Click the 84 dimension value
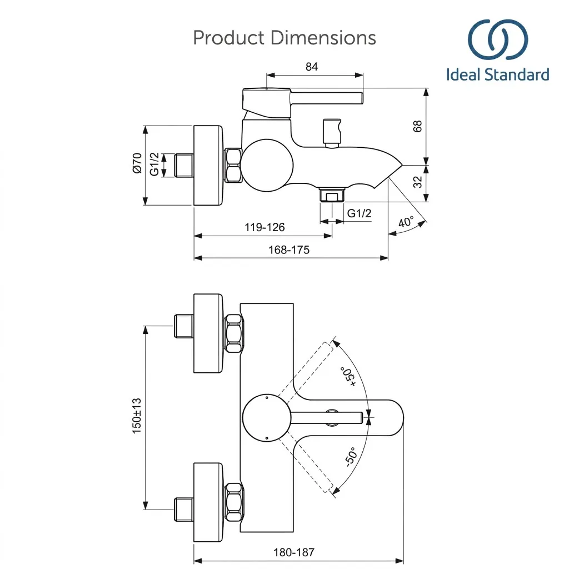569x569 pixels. pyautogui.click(x=311, y=67)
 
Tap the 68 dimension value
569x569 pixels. pyautogui.click(x=418, y=126)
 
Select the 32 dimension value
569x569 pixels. pyautogui.click(x=418, y=182)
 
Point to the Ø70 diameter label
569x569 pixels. pyautogui.click(x=137, y=163)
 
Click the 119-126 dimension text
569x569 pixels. pyautogui.click(x=264, y=227)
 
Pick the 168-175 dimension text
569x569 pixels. pyautogui.click(x=289, y=249)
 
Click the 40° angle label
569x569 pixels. pyautogui.click(x=406, y=222)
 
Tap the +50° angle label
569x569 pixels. pyautogui.click(x=348, y=376)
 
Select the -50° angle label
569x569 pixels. pyautogui.click(x=351, y=457)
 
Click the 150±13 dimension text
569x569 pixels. pyautogui.click(x=137, y=416)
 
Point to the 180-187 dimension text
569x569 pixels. pyautogui.click(x=294, y=552)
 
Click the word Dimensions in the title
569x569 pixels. pyautogui.click(x=323, y=38)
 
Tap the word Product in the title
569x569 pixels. pyautogui.click(x=228, y=38)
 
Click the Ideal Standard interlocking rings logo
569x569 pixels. pyautogui.click(x=497, y=39)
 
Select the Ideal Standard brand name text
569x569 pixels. pyautogui.click(x=497, y=74)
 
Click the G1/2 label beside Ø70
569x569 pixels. pyautogui.click(x=154, y=164)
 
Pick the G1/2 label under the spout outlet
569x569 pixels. pyautogui.click(x=360, y=213)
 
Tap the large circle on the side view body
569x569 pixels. pyautogui.click(x=267, y=165)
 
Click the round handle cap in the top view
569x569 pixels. pyautogui.click(x=267, y=418)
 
